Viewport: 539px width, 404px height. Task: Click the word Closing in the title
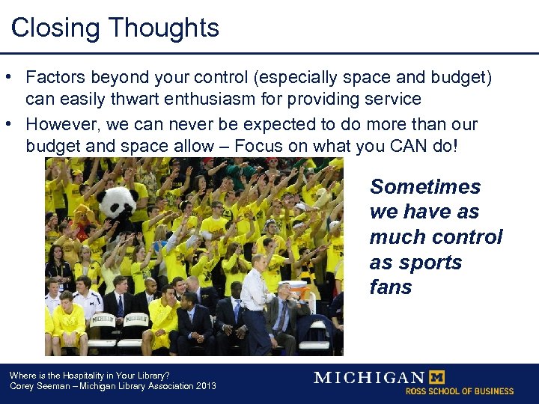(55, 28)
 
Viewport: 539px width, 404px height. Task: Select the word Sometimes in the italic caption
(425, 187)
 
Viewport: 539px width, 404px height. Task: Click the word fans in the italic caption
(391, 288)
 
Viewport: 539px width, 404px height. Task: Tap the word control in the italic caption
(467, 237)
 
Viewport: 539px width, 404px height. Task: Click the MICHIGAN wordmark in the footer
(368, 377)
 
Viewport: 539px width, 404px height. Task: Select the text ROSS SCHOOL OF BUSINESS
(460, 391)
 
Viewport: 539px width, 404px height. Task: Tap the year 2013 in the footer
(204, 386)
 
